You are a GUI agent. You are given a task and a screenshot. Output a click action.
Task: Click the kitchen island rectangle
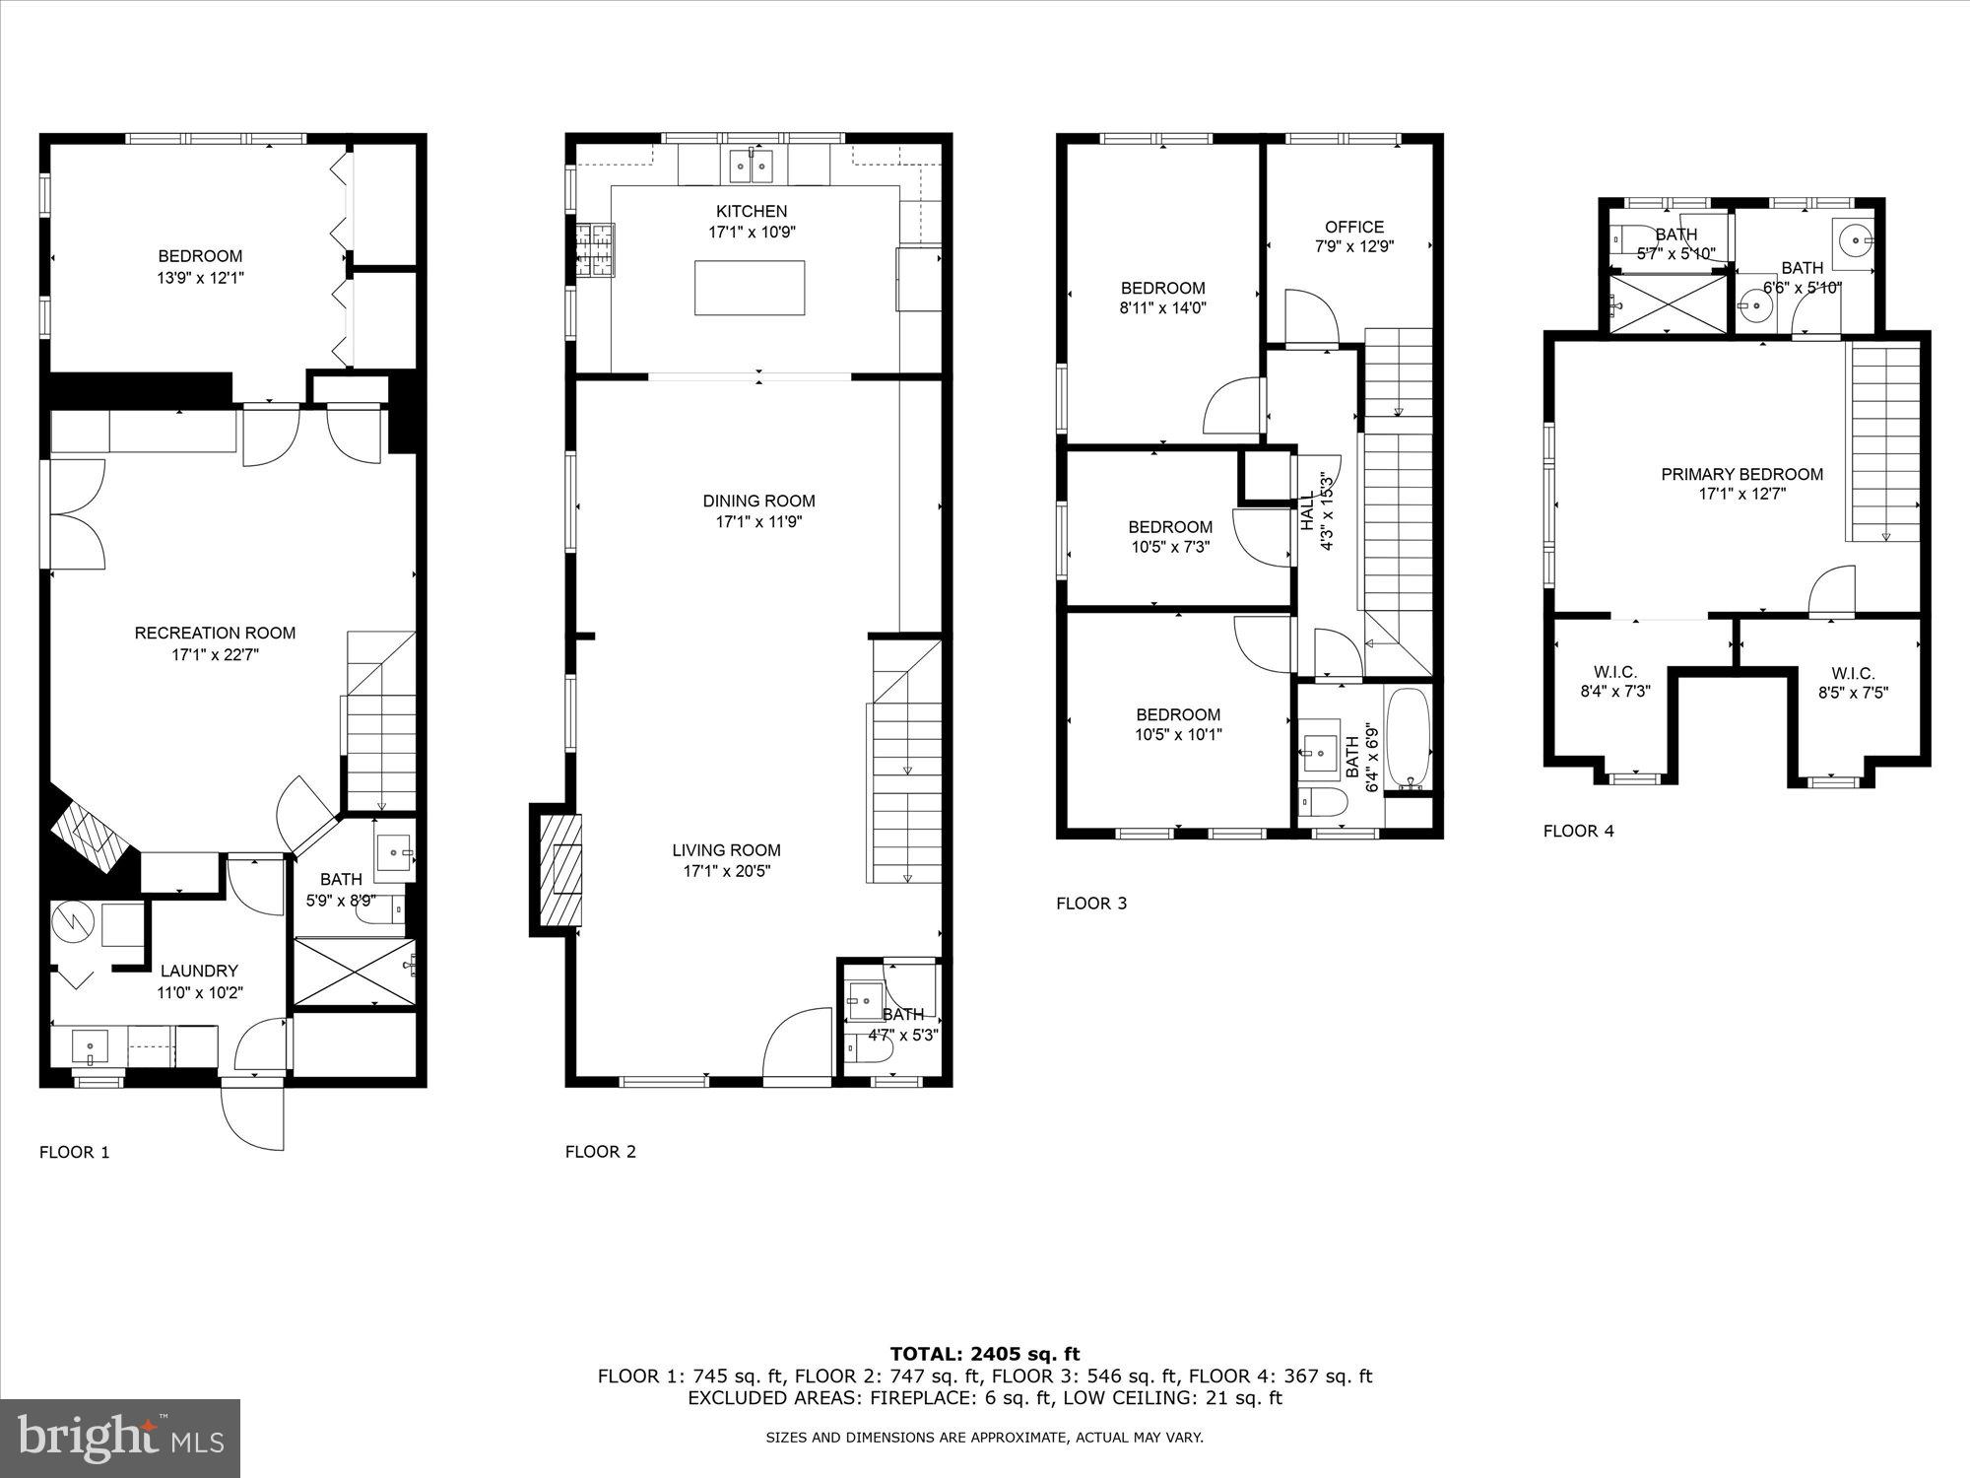(749, 287)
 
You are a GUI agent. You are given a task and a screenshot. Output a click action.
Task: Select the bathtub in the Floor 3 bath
(1408, 739)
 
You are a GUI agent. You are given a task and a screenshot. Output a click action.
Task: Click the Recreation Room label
(215, 633)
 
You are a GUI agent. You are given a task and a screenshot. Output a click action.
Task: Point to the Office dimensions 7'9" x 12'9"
(1354, 247)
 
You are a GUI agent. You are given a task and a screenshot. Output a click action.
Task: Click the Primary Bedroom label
(1741, 474)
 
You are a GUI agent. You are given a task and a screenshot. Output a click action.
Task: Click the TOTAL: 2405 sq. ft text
(984, 1354)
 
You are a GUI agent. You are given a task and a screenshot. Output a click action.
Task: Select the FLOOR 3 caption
(1090, 903)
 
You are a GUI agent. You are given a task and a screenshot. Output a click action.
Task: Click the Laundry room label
(199, 971)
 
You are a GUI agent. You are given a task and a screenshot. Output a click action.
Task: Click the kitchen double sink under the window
(752, 166)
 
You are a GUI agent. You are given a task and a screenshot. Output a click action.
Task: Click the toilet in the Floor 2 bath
(873, 1051)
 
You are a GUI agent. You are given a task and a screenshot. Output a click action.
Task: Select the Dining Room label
(758, 501)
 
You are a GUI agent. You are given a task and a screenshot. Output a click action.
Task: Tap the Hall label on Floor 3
(1308, 512)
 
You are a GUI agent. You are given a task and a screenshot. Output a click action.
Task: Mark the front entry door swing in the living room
(798, 1044)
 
